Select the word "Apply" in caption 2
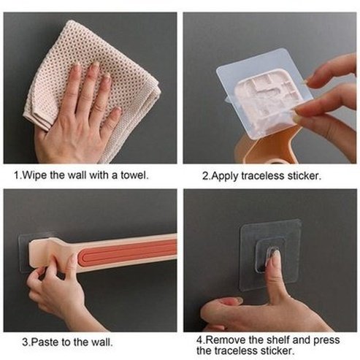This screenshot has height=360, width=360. (226, 175)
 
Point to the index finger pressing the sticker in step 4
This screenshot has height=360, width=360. (274, 270)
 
